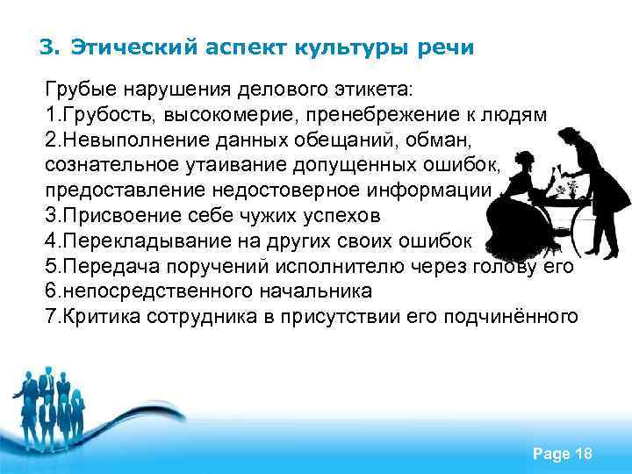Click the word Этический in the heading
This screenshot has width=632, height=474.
(130, 47)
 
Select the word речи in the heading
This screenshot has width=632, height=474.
(444, 47)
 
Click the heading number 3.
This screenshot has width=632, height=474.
(49, 47)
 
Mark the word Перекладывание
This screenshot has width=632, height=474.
(134, 240)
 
